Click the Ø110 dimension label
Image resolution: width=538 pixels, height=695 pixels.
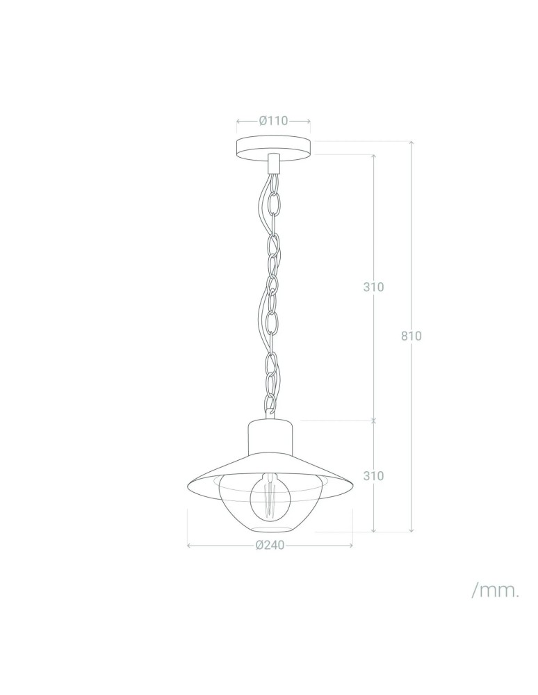[273, 120]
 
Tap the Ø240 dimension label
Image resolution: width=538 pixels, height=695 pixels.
[270, 546]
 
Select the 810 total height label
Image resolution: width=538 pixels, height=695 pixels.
[411, 336]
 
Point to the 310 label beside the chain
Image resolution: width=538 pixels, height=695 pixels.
[374, 287]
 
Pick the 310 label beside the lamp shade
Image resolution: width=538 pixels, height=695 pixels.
[374, 476]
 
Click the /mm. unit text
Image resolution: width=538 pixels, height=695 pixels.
[496, 591]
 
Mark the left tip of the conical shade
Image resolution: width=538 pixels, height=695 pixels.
[190, 485]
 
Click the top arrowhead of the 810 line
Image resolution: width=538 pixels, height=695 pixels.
[411, 142]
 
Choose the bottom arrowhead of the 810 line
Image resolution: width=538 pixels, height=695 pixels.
[411, 530]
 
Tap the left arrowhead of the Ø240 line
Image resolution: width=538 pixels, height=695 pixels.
[190, 546]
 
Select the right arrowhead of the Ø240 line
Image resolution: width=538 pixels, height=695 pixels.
[351, 546]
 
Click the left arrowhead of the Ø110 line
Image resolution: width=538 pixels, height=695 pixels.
[238, 120]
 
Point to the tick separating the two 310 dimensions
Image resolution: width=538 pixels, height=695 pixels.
[374, 420]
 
